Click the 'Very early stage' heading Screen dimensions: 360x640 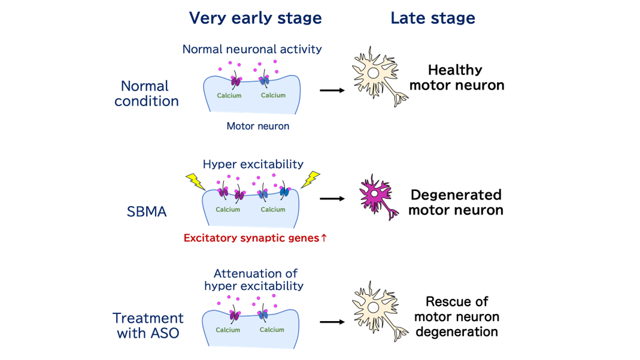coord(255,18)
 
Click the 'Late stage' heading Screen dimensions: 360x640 coord(432,18)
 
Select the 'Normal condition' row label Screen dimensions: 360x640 coord(147,93)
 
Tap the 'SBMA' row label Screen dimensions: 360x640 coord(147,211)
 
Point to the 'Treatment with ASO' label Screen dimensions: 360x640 coord(148,325)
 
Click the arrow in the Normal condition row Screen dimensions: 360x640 coord(332,90)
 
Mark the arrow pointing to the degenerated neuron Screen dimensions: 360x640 coord(332,198)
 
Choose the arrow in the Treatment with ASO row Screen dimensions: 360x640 coord(332,322)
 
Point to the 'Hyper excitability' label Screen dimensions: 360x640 coord(253,164)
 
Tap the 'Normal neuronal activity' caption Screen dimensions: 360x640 coord(252,49)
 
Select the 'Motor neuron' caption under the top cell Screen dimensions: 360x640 coord(257,126)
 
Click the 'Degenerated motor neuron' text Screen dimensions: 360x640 coord(456,202)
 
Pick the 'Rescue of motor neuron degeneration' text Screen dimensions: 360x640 coord(457,316)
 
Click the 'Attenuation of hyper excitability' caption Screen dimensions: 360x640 coord(254,280)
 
